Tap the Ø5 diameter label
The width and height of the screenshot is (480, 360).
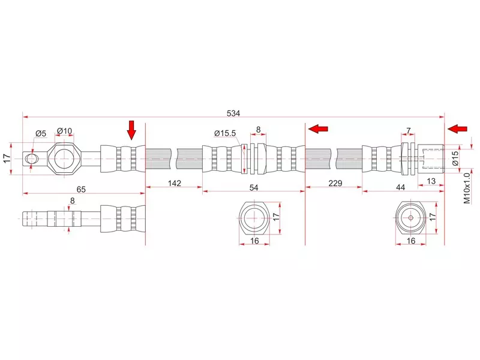pyautogui.click(x=41, y=133)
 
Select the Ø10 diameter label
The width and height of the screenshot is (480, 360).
pyautogui.click(x=64, y=131)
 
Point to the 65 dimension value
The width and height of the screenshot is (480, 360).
pyautogui.click(x=81, y=189)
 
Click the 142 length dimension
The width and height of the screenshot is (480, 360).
pyautogui.click(x=174, y=184)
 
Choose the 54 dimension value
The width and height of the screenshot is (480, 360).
pyautogui.click(x=254, y=188)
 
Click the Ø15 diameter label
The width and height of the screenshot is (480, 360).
pyautogui.click(x=455, y=158)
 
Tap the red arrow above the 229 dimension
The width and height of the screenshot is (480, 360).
pyautogui.click(x=319, y=128)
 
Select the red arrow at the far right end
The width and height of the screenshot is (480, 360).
pyautogui.click(x=458, y=129)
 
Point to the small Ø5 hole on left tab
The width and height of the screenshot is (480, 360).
pyautogui.click(x=32, y=158)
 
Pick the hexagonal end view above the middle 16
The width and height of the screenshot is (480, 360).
pyautogui.click(x=254, y=218)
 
